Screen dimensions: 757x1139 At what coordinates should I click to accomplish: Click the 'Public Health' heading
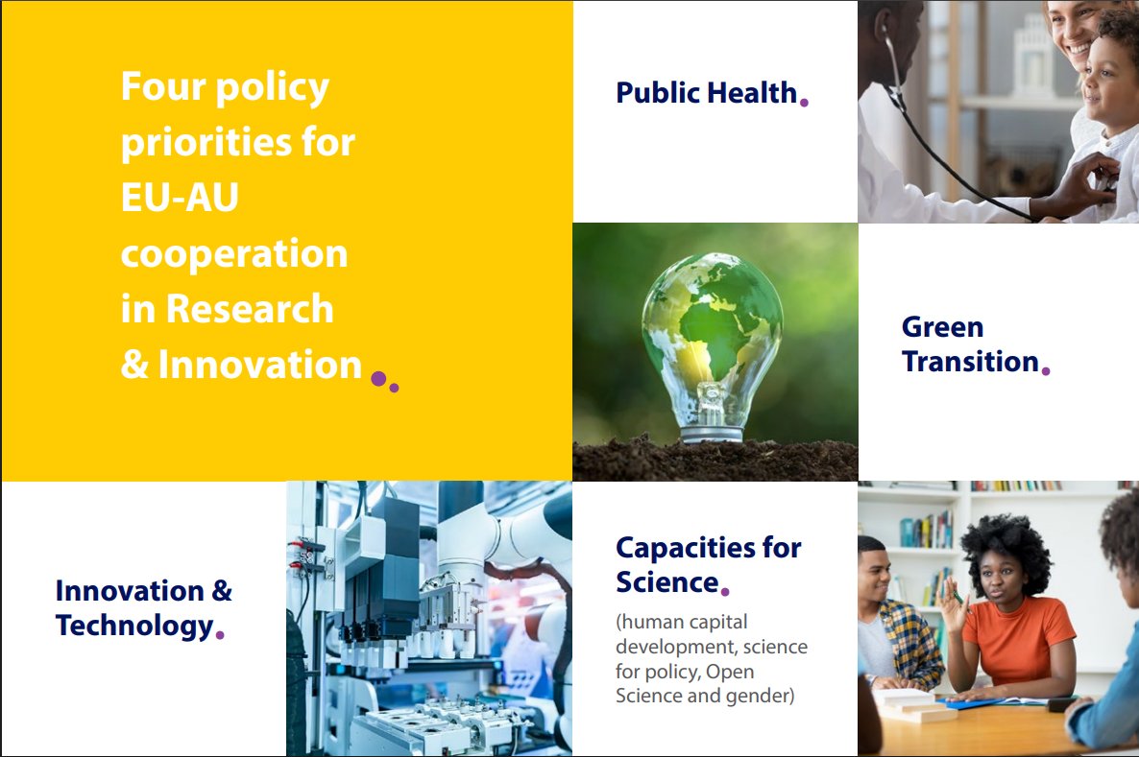[x=706, y=93]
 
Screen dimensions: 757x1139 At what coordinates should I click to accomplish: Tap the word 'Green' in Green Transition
[x=942, y=327]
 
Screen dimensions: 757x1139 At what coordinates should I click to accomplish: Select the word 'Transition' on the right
[x=970, y=362]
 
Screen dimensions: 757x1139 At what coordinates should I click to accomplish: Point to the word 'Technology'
[x=133, y=626]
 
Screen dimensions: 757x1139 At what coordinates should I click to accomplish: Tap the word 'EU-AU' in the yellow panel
[x=180, y=200]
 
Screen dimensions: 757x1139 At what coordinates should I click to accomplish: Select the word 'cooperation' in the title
[x=234, y=254]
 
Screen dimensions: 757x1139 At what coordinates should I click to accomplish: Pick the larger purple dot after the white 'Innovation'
[x=378, y=379]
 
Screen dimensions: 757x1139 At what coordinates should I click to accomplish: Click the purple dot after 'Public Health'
[x=804, y=102]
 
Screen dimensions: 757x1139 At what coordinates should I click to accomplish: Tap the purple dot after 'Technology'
[x=220, y=634]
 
